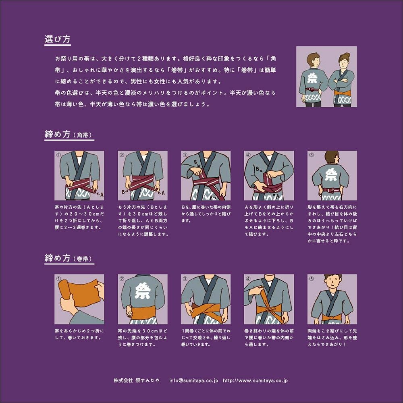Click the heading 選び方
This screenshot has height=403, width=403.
(57, 39)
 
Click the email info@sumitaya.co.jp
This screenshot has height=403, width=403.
(193, 380)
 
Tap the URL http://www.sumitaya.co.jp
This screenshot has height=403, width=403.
(255, 380)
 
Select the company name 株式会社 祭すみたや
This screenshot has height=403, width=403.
(137, 380)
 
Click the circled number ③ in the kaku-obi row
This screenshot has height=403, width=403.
(185, 155)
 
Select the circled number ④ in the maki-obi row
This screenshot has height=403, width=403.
(248, 278)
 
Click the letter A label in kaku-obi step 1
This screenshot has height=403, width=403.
(102, 195)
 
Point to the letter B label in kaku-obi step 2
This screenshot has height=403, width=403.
(123, 192)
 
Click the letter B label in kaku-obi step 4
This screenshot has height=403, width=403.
(257, 169)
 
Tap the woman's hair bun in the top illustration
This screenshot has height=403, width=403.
(347, 55)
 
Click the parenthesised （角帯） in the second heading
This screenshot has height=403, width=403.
(83, 135)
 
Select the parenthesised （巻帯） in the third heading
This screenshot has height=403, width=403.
(83, 259)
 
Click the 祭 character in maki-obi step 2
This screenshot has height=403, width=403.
(142, 291)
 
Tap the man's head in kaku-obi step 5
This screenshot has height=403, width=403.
(332, 157)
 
